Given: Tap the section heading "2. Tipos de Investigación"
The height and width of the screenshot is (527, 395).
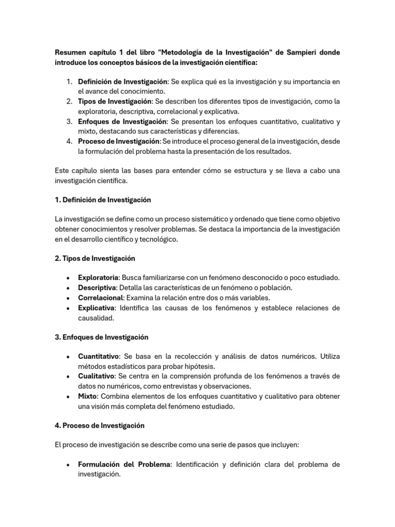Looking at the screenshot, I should coord(95,258).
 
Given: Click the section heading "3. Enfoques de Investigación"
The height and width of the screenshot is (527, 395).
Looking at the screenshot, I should coord(101,337).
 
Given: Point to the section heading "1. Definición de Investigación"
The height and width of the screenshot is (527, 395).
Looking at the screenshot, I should coord(102,199).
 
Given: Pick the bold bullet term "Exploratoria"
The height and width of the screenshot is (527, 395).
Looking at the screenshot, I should coord(98,277).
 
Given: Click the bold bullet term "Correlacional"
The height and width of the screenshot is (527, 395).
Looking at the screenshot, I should coord(100,297).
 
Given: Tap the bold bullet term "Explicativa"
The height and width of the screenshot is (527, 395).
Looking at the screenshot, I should coord(96,308).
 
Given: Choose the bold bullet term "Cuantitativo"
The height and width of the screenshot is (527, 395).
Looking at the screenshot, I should coord(98,357).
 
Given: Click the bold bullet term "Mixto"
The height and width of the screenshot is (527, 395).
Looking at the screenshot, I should coord(87,396).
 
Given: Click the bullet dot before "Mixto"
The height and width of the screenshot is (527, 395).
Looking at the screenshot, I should coord(68,397).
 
